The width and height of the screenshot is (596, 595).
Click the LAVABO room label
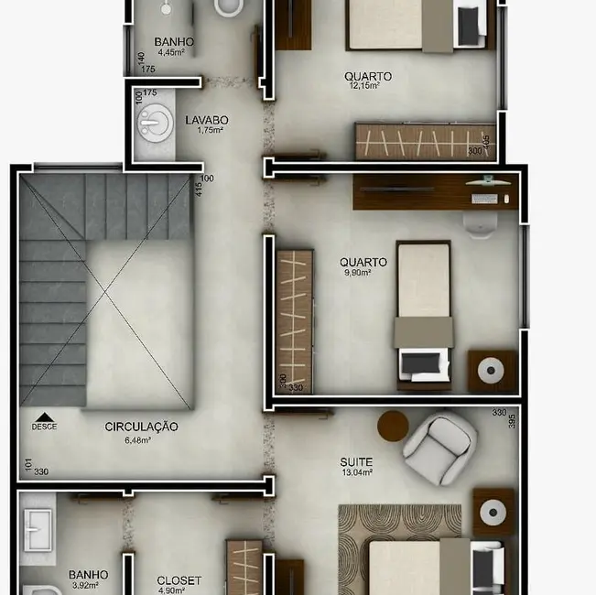pos(206,120)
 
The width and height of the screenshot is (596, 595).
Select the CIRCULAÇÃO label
pos(141,427)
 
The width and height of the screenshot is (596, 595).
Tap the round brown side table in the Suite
pos(393,426)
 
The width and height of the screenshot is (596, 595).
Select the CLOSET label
pos(179,580)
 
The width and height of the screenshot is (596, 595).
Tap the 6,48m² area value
pos(137,439)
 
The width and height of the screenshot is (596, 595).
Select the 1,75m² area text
pos(210,130)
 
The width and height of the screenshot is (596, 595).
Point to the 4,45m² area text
pos(173,52)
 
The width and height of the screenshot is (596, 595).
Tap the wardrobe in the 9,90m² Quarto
pos(295,320)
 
